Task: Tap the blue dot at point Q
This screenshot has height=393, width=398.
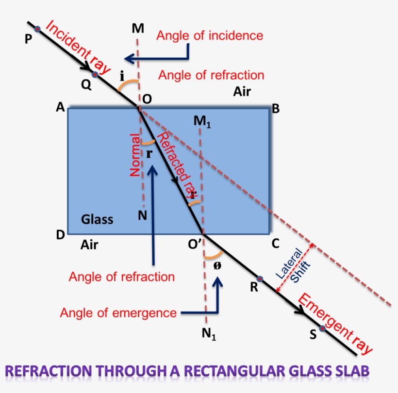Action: point(95,74)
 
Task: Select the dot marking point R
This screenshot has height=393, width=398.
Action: point(260,279)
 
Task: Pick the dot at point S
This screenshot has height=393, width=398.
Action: point(322,328)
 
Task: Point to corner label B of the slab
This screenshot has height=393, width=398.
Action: point(275,109)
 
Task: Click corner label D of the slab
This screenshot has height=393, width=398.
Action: point(61,235)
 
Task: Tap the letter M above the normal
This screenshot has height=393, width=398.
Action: point(138,29)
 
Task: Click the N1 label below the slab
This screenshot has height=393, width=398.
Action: point(209,334)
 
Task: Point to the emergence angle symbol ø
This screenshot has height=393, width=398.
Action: point(216,265)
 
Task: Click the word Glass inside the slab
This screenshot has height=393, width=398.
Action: point(97,219)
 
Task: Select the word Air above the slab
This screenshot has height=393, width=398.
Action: point(242,92)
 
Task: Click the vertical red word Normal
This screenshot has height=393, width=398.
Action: point(135,158)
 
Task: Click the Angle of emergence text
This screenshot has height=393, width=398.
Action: point(118,312)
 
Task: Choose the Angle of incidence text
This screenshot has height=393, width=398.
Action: point(210,35)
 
